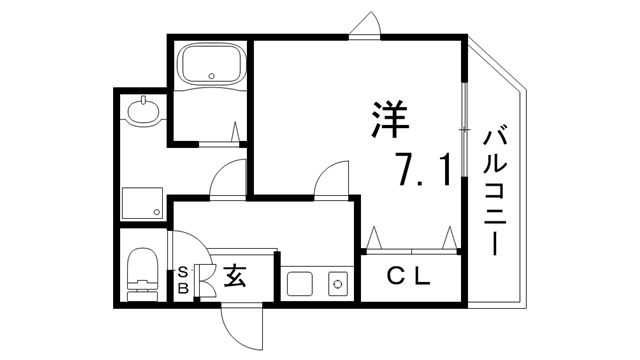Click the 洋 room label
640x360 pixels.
coord(387,123)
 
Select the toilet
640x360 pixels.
coord(142,272)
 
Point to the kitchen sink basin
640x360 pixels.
coord(301,283)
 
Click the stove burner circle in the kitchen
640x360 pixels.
coord(338,284)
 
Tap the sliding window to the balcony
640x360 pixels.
coord(464,130)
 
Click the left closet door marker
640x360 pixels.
coord(376,237)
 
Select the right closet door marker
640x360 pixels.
coord(450,237)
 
